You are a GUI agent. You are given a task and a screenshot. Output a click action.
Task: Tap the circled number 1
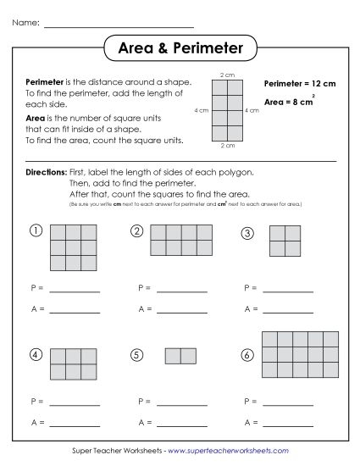pos(36,230)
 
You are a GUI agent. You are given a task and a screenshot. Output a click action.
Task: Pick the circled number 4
pos(36,354)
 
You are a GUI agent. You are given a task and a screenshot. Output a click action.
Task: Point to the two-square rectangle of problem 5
pos(180,356)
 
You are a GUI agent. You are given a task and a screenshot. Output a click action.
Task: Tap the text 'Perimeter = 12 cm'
pos(300,85)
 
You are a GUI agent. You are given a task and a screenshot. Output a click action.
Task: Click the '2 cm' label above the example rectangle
pos(228,75)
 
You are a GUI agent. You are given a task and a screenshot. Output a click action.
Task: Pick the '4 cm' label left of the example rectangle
pos(201,111)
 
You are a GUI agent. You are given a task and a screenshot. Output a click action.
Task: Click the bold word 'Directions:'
pos(44,172)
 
